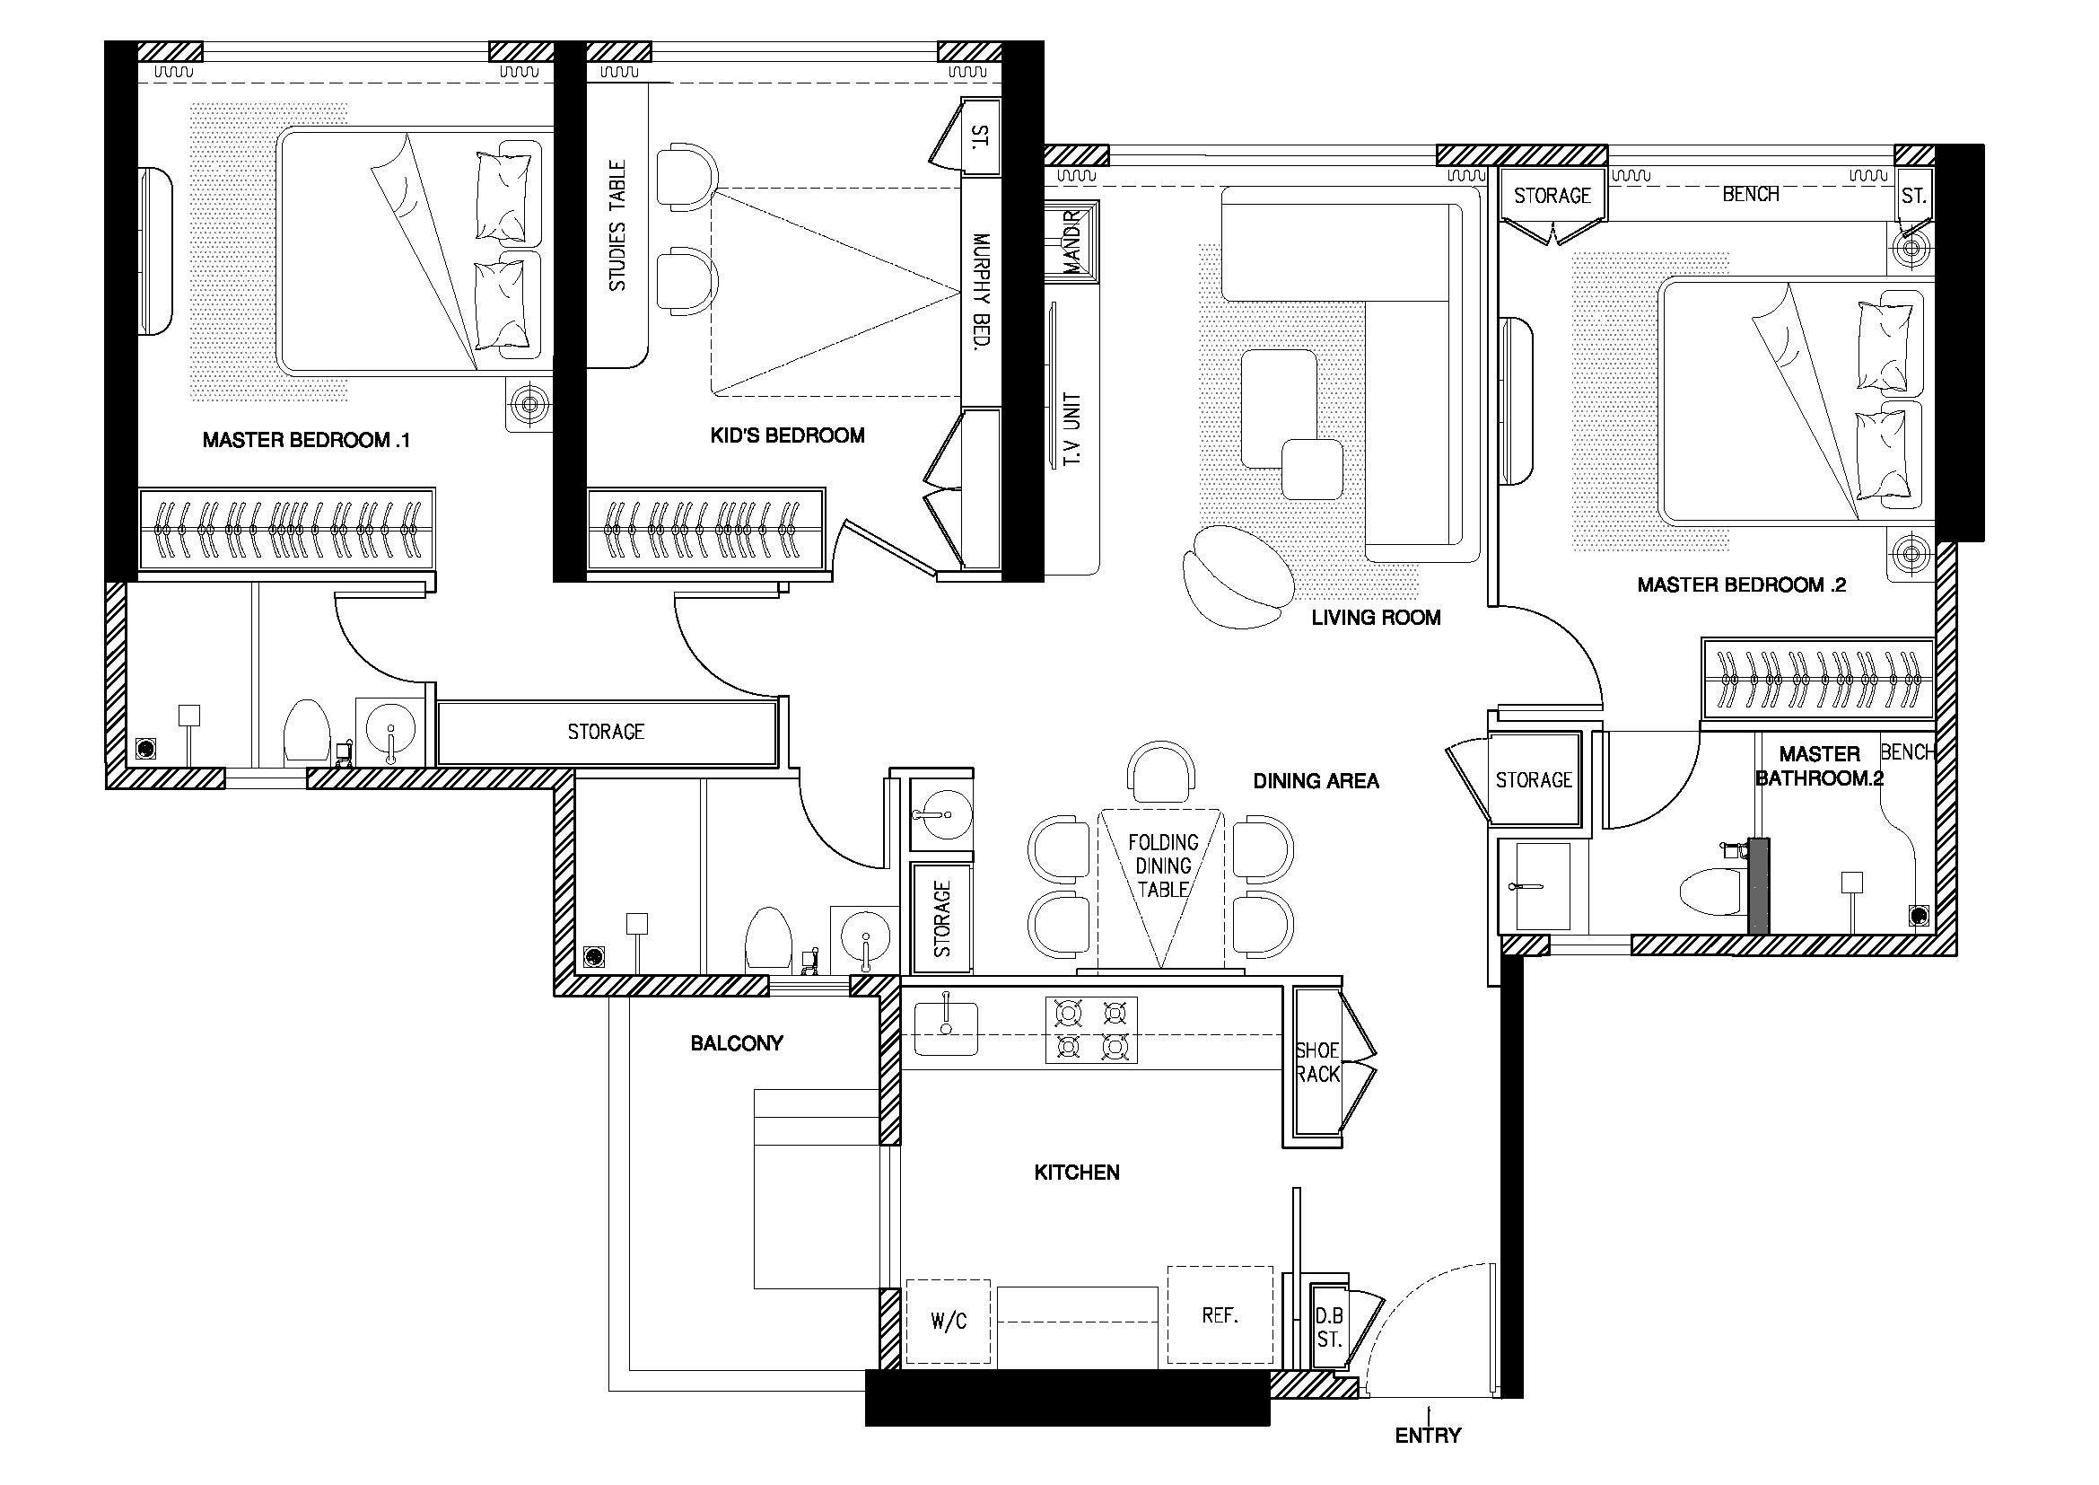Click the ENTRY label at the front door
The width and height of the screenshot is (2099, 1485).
[1427, 1435]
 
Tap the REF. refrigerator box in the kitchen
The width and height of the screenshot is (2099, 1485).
[1220, 1316]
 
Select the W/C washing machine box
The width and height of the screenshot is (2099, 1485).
[948, 1322]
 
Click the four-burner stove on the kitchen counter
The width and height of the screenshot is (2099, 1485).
[1091, 1030]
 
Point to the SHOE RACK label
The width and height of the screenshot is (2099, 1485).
[1317, 1062]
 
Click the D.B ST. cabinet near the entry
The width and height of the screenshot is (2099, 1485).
[1329, 1328]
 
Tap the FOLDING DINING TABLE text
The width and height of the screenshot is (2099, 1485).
[1163, 865]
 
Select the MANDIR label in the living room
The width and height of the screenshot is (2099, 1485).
[1071, 242]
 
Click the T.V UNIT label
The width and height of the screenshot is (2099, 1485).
[1072, 431]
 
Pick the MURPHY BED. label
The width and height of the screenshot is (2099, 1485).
[982, 292]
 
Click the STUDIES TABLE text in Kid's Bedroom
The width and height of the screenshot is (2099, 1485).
[618, 226]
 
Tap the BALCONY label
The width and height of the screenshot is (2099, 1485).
[737, 1043]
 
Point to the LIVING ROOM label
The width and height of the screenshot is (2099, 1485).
[1376, 618]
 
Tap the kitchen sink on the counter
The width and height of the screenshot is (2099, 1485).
[946, 1029]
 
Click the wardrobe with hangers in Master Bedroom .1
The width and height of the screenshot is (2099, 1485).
[286, 530]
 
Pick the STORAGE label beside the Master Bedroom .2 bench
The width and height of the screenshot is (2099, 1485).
[1552, 196]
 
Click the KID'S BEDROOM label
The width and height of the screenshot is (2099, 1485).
[787, 435]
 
